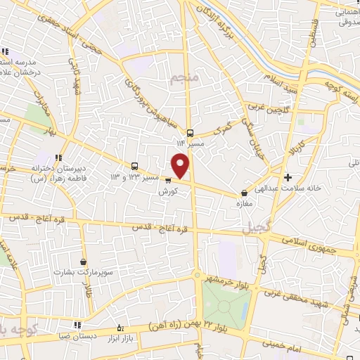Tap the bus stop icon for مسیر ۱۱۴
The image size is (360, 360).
point(191,133)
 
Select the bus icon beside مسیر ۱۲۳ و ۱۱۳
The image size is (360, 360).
point(134,167)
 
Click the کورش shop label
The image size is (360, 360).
point(167,191)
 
